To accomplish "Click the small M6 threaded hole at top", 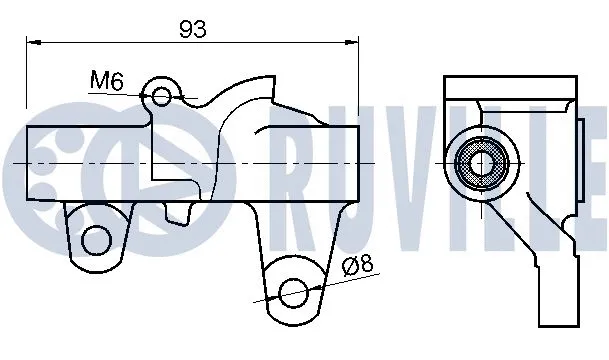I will coord(163,96).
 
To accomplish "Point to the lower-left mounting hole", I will coord(96,239).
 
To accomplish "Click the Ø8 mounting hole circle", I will coord(292,293).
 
